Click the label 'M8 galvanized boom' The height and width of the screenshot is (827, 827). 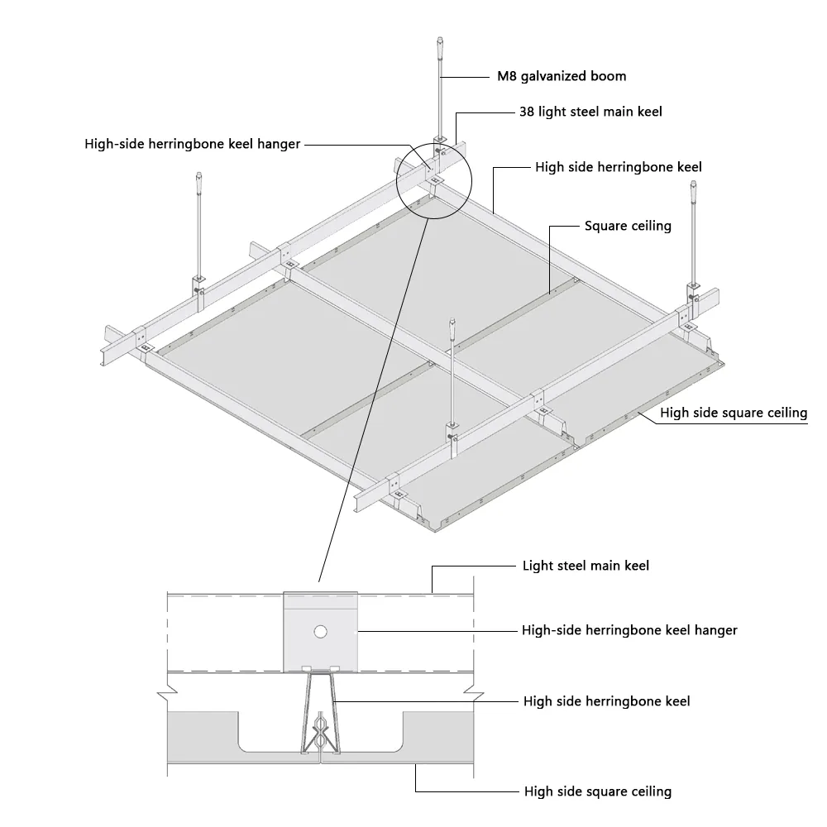[x=562, y=76]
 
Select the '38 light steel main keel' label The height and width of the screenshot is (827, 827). [x=590, y=112]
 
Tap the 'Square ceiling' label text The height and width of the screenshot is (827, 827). [x=628, y=227]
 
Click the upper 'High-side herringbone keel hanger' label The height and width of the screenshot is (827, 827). [x=193, y=144]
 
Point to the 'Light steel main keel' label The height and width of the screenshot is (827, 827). [x=586, y=566]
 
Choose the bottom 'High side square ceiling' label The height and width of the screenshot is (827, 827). [x=598, y=791]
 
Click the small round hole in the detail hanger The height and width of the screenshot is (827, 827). [x=320, y=631]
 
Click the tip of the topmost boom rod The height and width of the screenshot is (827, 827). [x=440, y=37]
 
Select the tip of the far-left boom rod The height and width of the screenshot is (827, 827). [x=198, y=173]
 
